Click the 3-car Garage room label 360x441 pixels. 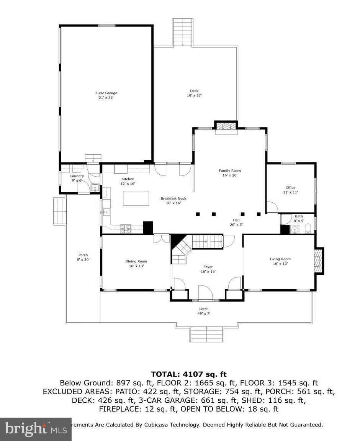(x=106, y=93)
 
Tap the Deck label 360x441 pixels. (x=194, y=91)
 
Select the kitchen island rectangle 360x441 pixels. (x=136, y=198)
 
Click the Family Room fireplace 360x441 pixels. (x=226, y=127)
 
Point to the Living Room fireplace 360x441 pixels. (x=317, y=261)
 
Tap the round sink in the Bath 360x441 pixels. (x=295, y=230)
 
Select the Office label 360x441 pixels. (x=290, y=188)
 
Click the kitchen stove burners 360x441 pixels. (x=126, y=229)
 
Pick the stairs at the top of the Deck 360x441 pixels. (x=183, y=32)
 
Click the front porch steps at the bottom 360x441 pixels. (x=206, y=334)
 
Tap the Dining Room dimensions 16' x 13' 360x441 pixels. (x=136, y=266)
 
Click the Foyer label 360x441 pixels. (x=208, y=267)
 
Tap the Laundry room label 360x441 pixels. (x=77, y=176)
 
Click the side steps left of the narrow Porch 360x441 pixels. (x=60, y=211)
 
